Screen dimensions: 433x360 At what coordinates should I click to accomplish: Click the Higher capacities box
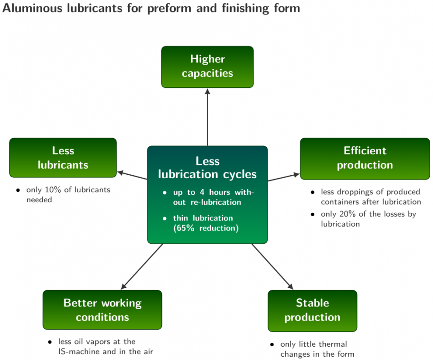click(207, 67)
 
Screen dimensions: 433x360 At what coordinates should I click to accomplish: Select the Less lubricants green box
click(63, 158)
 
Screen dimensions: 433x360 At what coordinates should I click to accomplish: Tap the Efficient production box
click(365, 159)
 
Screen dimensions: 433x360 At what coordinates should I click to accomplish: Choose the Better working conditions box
click(102, 310)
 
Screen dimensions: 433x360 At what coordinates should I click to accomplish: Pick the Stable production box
click(312, 311)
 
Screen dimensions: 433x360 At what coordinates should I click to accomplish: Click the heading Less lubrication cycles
click(207, 168)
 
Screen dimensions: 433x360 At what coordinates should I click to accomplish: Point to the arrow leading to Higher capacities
click(207, 117)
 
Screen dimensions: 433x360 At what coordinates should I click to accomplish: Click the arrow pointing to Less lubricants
click(132, 176)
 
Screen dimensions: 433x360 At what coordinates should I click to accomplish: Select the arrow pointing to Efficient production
click(283, 177)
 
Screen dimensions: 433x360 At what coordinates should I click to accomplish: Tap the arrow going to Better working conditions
click(142, 266)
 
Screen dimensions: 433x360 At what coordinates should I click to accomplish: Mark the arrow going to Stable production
click(272, 266)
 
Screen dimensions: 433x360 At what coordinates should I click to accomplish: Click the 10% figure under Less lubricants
click(53, 190)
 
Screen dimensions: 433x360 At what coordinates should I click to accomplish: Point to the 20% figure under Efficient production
click(348, 214)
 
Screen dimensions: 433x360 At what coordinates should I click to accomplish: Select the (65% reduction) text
click(206, 228)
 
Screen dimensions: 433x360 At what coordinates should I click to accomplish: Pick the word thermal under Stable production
click(334, 344)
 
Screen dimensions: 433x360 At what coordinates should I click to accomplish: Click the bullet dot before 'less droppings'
click(312, 192)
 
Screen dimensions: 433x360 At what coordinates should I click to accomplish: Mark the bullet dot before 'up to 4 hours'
click(165, 192)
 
